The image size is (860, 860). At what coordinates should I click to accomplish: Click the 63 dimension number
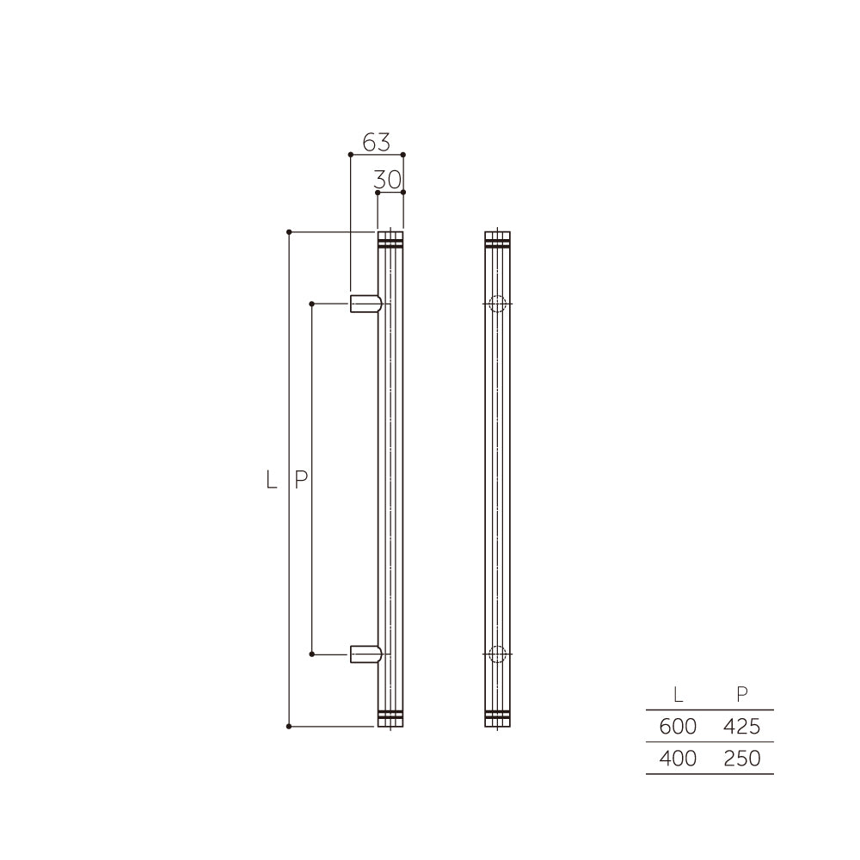coord(376,142)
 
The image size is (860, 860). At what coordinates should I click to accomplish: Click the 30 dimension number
coord(389,180)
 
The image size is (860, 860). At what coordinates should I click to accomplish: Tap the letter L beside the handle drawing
coord(272,480)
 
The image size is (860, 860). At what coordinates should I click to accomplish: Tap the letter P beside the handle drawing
coord(300,480)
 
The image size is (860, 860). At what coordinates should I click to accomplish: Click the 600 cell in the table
coord(678,727)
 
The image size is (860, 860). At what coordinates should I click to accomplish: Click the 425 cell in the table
coord(741,727)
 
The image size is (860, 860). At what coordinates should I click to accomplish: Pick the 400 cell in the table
coord(678,759)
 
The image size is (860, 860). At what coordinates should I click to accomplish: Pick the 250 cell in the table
coord(741,759)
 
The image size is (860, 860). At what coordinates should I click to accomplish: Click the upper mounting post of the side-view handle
coord(365,304)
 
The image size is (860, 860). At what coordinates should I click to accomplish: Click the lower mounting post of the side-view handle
coord(365,654)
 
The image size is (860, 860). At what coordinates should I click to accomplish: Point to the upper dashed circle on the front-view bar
coord(497,304)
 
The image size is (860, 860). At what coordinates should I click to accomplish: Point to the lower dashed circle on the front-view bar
coord(497,654)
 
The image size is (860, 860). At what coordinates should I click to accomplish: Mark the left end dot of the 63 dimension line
coord(350,155)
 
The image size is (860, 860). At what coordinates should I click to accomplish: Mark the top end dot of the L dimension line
coord(289,231)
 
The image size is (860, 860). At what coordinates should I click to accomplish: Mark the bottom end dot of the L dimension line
coord(289,727)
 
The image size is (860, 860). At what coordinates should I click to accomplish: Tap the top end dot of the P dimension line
coord(311,304)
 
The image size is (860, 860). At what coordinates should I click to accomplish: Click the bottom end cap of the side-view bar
coord(390,717)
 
